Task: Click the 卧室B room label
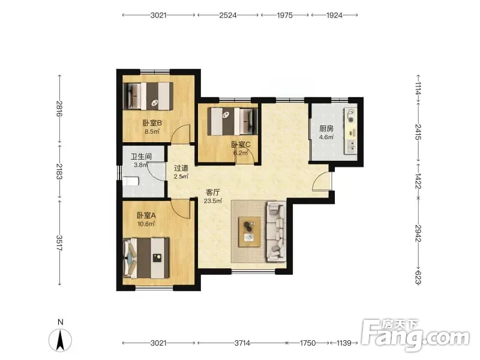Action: pos(152,123)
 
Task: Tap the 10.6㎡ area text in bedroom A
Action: pos(146,224)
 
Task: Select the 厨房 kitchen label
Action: pos(326,128)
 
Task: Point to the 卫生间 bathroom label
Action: pos(141,157)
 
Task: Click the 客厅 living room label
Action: pos(213,192)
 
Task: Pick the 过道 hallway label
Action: pos(181,168)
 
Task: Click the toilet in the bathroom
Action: pos(130,181)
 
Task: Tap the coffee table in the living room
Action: pos(250,232)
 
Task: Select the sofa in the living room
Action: pos(277,232)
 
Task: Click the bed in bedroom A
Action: pos(146,258)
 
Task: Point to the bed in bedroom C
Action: pos(232,121)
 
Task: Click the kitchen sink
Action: pos(351,146)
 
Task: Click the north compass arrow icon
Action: pos(61,340)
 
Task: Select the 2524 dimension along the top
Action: pos(228,15)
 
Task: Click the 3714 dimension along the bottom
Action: pos(242,343)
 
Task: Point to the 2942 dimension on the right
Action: pos(418,233)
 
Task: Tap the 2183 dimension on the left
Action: pos(59,172)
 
